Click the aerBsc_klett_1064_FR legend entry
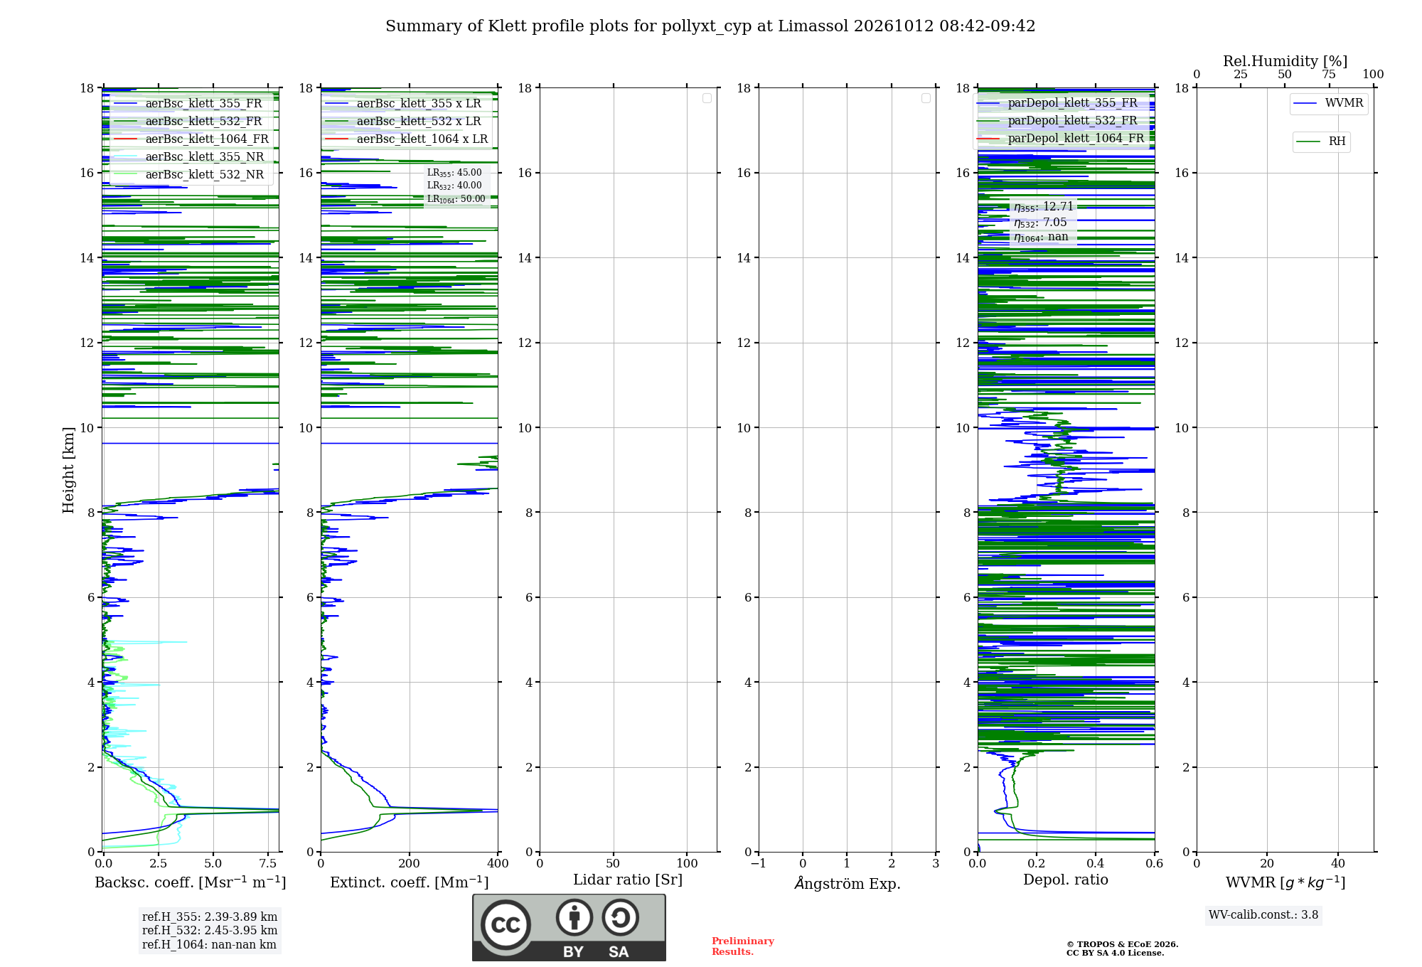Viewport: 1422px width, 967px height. [191, 139]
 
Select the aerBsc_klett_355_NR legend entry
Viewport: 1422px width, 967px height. [188, 157]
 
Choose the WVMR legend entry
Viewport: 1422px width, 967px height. [1328, 103]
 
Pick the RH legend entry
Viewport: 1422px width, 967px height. [1321, 141]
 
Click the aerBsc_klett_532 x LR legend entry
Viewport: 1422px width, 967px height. [403, 122]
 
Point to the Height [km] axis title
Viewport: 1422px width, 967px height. [68, 470]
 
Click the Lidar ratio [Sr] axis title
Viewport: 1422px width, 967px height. [628, 880]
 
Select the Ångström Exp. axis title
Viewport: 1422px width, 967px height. [848, 883]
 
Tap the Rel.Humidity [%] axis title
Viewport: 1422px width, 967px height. [1285, 61]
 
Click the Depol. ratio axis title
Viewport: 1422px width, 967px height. [1066, 880]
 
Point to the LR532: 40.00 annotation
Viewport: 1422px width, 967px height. [454, 186]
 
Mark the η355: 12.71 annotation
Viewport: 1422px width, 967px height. [1044, 207]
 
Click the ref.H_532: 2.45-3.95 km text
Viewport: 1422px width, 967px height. [210, 931]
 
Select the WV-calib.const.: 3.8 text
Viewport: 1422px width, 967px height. [1263, 915]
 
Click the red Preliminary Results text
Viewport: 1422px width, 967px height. [743, 946]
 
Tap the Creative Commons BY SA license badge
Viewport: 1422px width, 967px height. [569, 928]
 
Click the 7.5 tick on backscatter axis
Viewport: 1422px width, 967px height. [267, 864]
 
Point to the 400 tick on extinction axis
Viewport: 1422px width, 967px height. [498, 864]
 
